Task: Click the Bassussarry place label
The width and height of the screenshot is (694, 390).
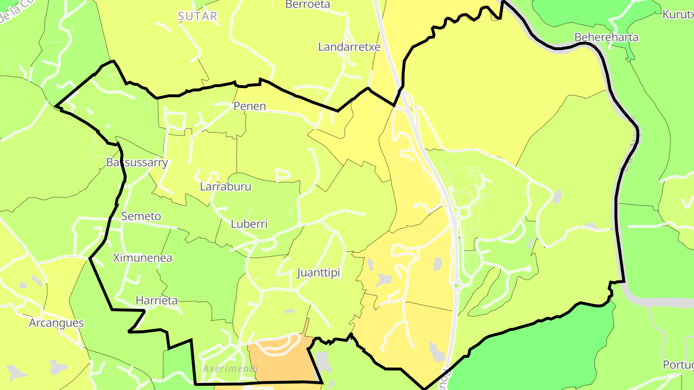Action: pos(137,162)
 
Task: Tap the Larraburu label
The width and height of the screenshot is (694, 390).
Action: pos(226,186)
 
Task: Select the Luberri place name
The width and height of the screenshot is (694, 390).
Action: pos(249,224)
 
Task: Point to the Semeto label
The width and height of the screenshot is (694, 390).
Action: pos(141,216)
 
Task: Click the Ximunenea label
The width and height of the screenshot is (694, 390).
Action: pos(142,258)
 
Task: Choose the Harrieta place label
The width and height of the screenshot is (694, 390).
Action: pos(157,300)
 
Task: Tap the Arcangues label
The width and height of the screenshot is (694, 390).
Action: pos(56,323)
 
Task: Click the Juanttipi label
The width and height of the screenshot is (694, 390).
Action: pos(319,273)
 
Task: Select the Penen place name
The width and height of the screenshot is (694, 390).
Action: pos(250,106)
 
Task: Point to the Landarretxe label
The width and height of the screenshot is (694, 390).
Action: pos(349,47)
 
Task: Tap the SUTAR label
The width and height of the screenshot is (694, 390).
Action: pos(198,16)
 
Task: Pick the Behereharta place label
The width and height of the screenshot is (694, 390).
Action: pos(606,37)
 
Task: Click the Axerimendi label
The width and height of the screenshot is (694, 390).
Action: pos(230,368)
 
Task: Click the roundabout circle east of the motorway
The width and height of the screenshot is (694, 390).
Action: pos(464,212)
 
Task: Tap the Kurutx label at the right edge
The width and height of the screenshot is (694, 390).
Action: pos(678,14)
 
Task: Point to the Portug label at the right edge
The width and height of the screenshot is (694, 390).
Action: pos(678,364)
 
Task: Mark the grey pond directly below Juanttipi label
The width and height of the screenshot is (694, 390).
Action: pos(288,311)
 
